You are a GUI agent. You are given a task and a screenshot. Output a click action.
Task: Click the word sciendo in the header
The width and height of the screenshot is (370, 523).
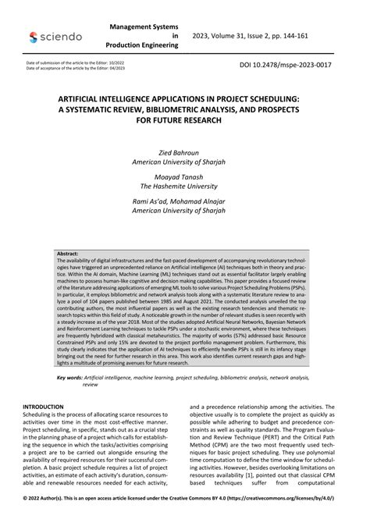[x=59, y=36]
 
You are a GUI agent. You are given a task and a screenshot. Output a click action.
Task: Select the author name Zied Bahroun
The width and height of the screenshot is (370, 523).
[x=184, y=155]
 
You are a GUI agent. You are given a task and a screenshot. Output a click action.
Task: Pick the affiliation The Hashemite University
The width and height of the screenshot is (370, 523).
[x=184, y=187]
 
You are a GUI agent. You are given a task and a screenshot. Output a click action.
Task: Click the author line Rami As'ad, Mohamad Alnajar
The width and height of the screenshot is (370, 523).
[x=184, y=201]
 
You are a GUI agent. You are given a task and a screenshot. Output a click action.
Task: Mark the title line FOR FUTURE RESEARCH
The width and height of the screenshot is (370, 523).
[x=184, y=123]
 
